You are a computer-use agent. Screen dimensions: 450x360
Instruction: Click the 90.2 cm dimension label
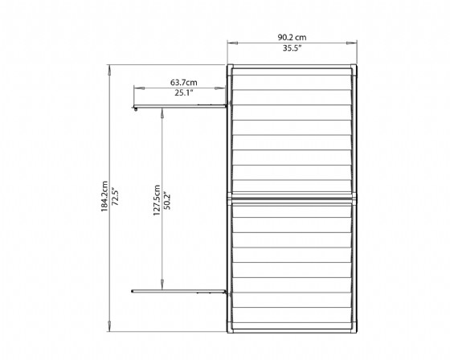[x=292, y=37]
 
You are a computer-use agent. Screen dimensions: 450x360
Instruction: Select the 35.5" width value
[x=292, y=48]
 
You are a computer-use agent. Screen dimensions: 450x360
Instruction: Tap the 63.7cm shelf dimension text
[x=184, y=83]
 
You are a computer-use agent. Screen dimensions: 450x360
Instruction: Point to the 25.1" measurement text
[x=184, y=92]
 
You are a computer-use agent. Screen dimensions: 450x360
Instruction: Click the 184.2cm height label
[x=104, y=196]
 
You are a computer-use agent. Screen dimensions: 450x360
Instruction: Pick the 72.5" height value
[x=115, y=196]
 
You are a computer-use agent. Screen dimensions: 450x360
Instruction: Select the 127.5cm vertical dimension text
[x=157, y=200]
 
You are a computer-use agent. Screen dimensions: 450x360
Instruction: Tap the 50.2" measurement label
[x=167, y=200]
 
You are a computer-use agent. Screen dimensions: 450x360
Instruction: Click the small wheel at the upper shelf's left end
[x=136, y=108]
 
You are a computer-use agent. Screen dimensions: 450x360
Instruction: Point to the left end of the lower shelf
[x=132, y=292]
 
